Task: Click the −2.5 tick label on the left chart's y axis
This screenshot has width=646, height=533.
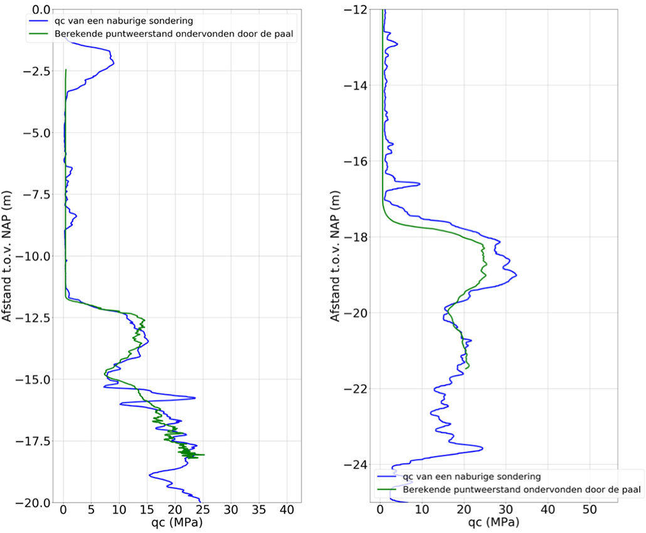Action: [x=40, y=71]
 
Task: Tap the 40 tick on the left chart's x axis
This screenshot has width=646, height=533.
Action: [x=287, y=509]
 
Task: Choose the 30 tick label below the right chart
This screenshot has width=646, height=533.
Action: [x=506, y=509]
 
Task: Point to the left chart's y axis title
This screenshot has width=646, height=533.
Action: [x=9, y=256]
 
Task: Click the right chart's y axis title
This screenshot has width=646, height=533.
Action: [x=336, y=256]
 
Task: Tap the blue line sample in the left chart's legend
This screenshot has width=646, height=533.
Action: [x=40, y=21]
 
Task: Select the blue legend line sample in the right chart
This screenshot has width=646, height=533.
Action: [x=386, y=477]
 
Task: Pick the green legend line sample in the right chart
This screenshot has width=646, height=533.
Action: [x=386, y=489]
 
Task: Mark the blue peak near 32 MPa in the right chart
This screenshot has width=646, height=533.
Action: [x=516, y=274]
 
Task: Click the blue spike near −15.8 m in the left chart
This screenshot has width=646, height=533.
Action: [x=194, y=398]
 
